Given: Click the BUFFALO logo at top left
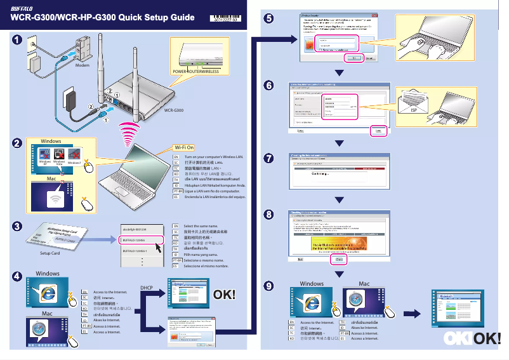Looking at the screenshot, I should pyautogui.click(x=25, y=8).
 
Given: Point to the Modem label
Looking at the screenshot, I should pyautogui.click(x=82, y=65).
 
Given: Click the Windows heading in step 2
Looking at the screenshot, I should pyautogui.click(x=51, y=140).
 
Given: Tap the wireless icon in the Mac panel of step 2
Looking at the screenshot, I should pyautogui.click(x=53, y=198).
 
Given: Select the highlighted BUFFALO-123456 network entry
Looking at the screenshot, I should pyautogui.click(x=140, y=241).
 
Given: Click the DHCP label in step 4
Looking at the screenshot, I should pyautogui.click(x=147, y=287).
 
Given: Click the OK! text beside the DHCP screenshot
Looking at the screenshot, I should pyautogui.click(x=224, y=295).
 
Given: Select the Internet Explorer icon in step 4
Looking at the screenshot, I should pyautogui.click(x=47, y=293).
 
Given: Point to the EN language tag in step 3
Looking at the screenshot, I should pyautogui.click(x=176, y=226).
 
